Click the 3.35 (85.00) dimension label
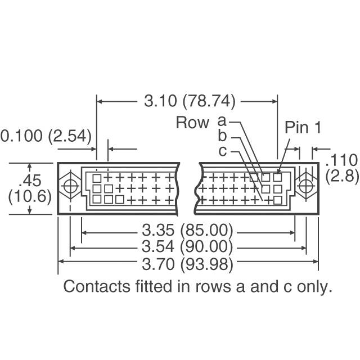click(x=187, y=231)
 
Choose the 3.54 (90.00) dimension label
click(x=187, y=247)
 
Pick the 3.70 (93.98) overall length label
click(x=187, y=262)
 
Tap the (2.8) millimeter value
click(x=341, y=176)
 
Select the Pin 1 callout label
click(x=303, y=128)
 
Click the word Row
click(x=192, y=123)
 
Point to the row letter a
click(x=222, y=121)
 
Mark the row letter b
click(x=222, y=136)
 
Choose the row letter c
click(x=222, y=151)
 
